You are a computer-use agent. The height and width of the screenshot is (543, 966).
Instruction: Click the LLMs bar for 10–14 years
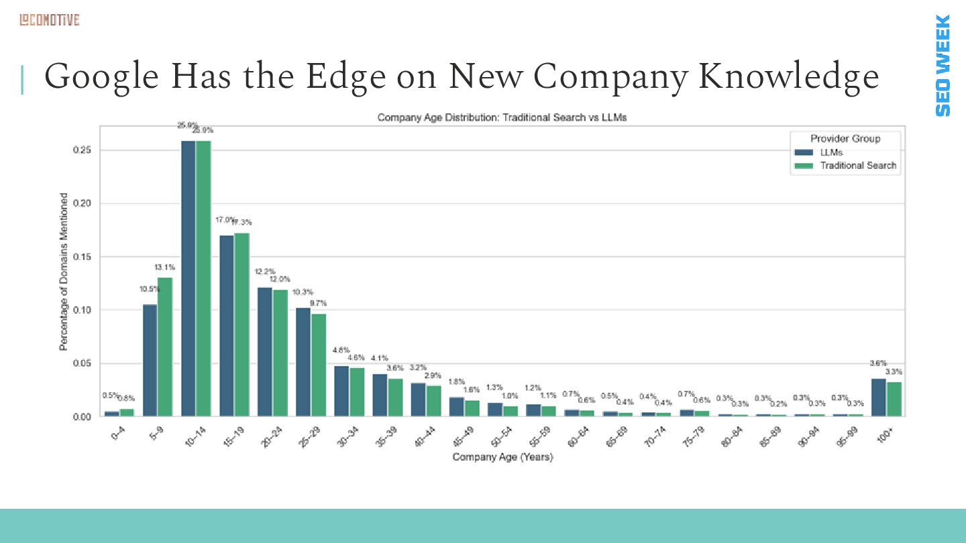189,278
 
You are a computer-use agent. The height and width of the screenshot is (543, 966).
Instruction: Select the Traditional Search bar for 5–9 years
165,347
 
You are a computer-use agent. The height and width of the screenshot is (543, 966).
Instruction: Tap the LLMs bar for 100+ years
878,398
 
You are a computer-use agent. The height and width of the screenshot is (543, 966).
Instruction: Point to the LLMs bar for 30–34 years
341,391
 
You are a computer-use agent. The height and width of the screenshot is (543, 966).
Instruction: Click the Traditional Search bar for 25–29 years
318,365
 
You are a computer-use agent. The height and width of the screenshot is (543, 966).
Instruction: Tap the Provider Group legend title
845,139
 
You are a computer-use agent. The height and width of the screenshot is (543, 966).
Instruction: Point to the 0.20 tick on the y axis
82,204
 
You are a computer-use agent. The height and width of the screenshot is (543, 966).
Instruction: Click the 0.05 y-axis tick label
82,363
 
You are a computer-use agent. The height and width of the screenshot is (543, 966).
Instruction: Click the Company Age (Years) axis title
502,457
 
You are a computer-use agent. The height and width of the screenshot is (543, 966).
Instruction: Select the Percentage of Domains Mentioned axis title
64,271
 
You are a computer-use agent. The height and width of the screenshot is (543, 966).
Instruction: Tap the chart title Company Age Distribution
502,118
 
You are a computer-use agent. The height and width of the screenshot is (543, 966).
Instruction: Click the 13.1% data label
165,267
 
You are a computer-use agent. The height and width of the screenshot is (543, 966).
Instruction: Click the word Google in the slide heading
101,77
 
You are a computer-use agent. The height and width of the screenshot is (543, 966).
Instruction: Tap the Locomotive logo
49,20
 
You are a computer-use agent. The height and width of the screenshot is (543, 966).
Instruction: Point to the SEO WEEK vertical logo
943,65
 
